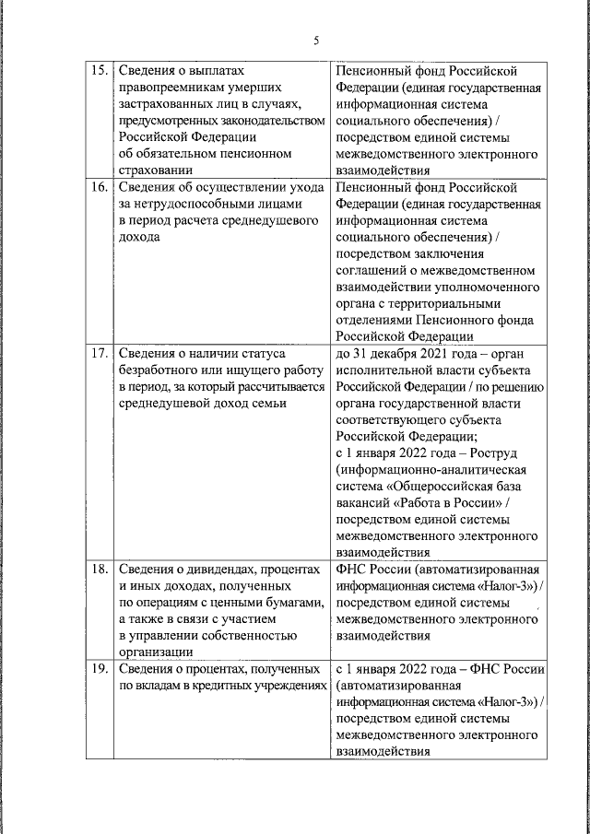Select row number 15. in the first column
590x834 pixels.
tap(97, 70)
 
